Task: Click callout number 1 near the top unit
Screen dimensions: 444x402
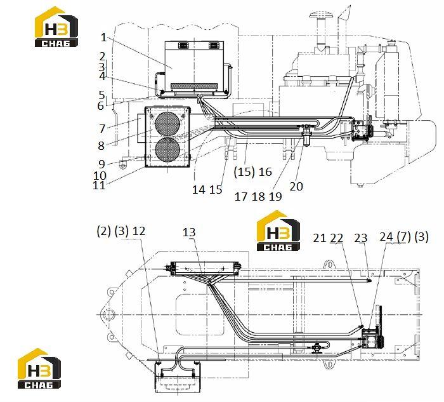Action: click(103, 37)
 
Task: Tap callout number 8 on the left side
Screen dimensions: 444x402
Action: click(101, 145)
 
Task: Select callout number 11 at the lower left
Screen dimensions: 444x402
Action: click(99, 185)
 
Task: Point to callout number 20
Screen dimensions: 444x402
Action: click(296, 186)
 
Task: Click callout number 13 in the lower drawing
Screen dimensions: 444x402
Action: click(189, 232)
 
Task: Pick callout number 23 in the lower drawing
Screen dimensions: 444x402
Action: click(361, 238)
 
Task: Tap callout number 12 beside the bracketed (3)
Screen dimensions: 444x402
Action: click(139, 231)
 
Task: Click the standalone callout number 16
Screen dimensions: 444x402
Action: click(265, 171)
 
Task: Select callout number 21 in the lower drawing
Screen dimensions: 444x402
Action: click(320, 238)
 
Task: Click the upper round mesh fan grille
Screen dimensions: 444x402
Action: click(167, 123)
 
